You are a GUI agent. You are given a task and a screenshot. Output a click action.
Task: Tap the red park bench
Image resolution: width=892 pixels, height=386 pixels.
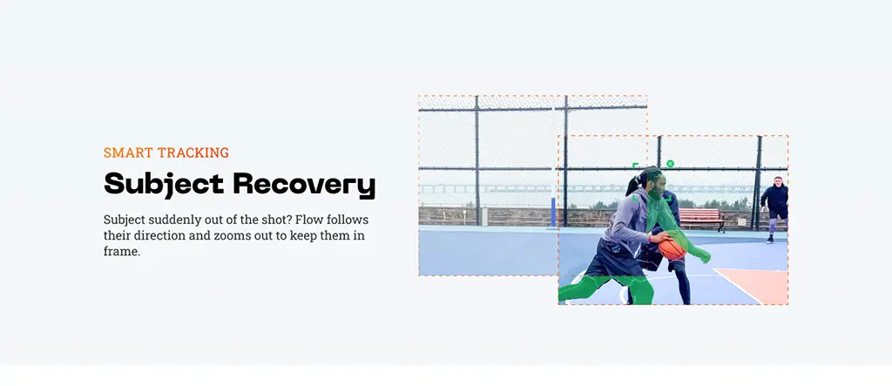(701, 219)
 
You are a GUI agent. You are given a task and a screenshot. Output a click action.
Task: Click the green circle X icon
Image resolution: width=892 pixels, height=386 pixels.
(670, 164)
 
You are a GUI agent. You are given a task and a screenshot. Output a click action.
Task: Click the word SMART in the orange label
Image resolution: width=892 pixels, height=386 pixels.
(128, 152)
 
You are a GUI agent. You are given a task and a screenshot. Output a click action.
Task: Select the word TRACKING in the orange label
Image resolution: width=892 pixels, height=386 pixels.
(193, 152)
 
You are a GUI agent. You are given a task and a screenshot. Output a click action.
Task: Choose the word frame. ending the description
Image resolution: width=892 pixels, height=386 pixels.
(122, 252)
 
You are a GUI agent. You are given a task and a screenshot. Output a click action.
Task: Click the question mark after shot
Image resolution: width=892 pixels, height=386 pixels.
(293, 220)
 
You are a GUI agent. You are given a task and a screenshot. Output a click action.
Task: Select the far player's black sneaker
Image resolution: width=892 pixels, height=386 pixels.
(770, 240)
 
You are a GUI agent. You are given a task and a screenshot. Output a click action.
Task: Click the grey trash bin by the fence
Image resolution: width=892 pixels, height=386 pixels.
(484, 217)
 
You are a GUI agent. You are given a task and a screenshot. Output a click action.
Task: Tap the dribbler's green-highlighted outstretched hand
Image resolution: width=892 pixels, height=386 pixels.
(705, 257)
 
